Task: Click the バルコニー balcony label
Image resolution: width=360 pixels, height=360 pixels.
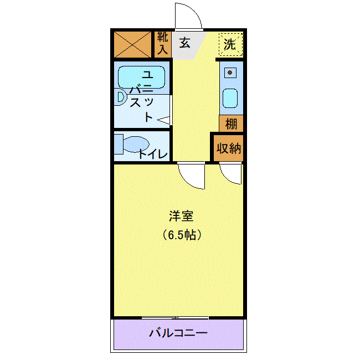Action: click(178, 334)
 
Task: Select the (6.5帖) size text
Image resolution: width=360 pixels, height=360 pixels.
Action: click(181, 234)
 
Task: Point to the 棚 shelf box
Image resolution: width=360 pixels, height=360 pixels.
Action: click(230, 124)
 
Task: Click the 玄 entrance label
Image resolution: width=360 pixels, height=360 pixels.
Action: click(184, 43)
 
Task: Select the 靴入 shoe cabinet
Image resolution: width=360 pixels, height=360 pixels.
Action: click(162, 44)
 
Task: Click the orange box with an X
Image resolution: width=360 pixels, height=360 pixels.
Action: click(132, 44)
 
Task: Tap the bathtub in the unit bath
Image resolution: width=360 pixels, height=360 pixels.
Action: click(141, 77)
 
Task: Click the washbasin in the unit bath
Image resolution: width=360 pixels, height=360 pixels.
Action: click(121, 97)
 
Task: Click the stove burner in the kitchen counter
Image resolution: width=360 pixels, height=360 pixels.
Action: click(229, 72)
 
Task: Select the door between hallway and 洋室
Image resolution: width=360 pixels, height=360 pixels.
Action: click(192, 176)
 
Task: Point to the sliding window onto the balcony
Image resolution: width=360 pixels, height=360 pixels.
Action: click(175, 317)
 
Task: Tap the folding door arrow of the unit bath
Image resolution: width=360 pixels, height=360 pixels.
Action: click(165, 119)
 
